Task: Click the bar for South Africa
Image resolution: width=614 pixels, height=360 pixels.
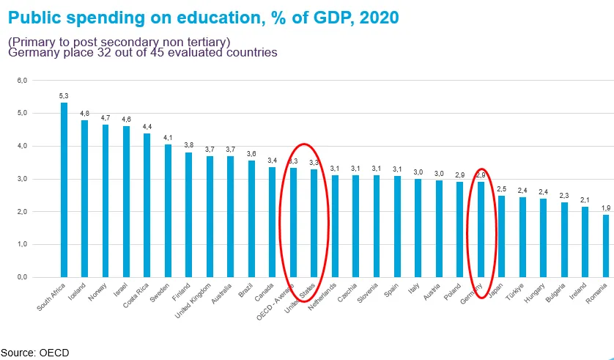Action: pos(64,191)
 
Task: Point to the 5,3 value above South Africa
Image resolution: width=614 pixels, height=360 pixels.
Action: pos(64,95)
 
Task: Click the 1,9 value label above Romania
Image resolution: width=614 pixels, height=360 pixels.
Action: pos(606,207)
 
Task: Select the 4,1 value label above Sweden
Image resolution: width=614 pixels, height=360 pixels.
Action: pos(168,137)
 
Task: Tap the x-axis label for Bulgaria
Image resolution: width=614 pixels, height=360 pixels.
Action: pos(559,293)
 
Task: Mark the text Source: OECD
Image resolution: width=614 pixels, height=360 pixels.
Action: pos(34,353)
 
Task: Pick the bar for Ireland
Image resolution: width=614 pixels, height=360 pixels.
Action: pos(585,242)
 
